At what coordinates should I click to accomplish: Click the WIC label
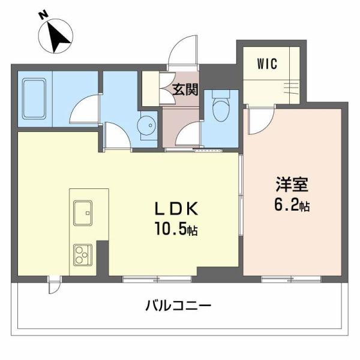[x=267, y=64]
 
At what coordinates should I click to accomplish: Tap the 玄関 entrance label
[x=185, y=89]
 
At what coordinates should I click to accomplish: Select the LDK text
[x=176, y=209]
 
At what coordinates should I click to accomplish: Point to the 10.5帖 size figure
[x=176, y=229]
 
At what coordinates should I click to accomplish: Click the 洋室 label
[x=292, y=185]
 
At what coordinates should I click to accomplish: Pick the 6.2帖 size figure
[x=292, y=205]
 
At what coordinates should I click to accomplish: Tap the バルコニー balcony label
[x=178, y=306]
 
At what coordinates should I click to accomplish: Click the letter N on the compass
[x=43, y=15]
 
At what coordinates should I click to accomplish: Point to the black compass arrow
[x=58, y=37]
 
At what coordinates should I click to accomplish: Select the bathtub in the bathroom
[x=34, y=99]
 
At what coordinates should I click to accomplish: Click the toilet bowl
[x=221, y=105]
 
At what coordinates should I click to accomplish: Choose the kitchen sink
[x=83, y=213]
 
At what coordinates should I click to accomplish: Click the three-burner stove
[x=83, y=255]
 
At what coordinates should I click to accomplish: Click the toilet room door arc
[x=189, y=133]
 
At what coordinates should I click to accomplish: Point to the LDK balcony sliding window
[x=157, y=279]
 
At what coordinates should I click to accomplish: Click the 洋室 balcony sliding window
[x=291, y=279]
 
